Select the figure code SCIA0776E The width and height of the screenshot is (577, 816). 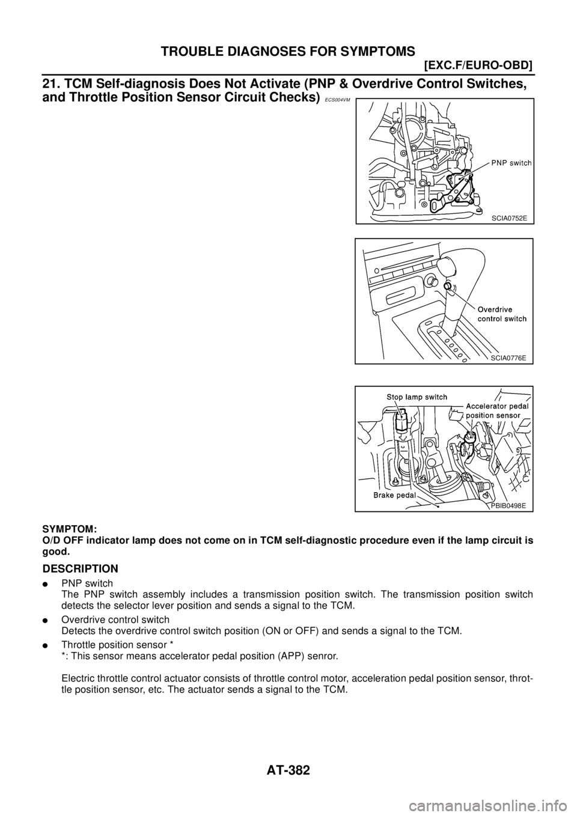(508, 358)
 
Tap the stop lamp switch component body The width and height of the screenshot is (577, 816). (400, 418)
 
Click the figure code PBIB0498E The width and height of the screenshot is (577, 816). (508, 505)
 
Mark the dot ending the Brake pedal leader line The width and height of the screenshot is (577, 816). (439, 506)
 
